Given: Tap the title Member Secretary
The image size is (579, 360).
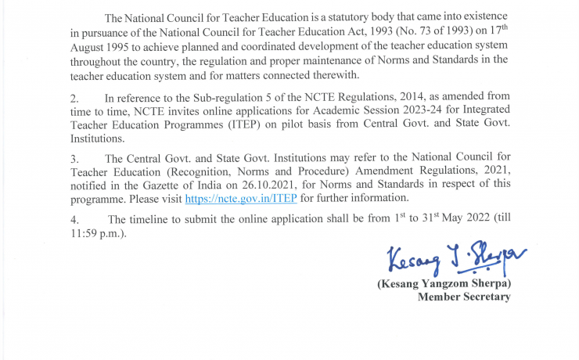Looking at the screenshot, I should click(464, 297).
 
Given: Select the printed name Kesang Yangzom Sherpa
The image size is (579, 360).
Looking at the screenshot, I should click(444, 283).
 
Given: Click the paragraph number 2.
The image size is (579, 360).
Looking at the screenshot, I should click(74, 99).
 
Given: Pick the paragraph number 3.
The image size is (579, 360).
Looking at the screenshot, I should click(74, 159).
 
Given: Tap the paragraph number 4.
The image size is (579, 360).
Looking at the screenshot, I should click(74, 219).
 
